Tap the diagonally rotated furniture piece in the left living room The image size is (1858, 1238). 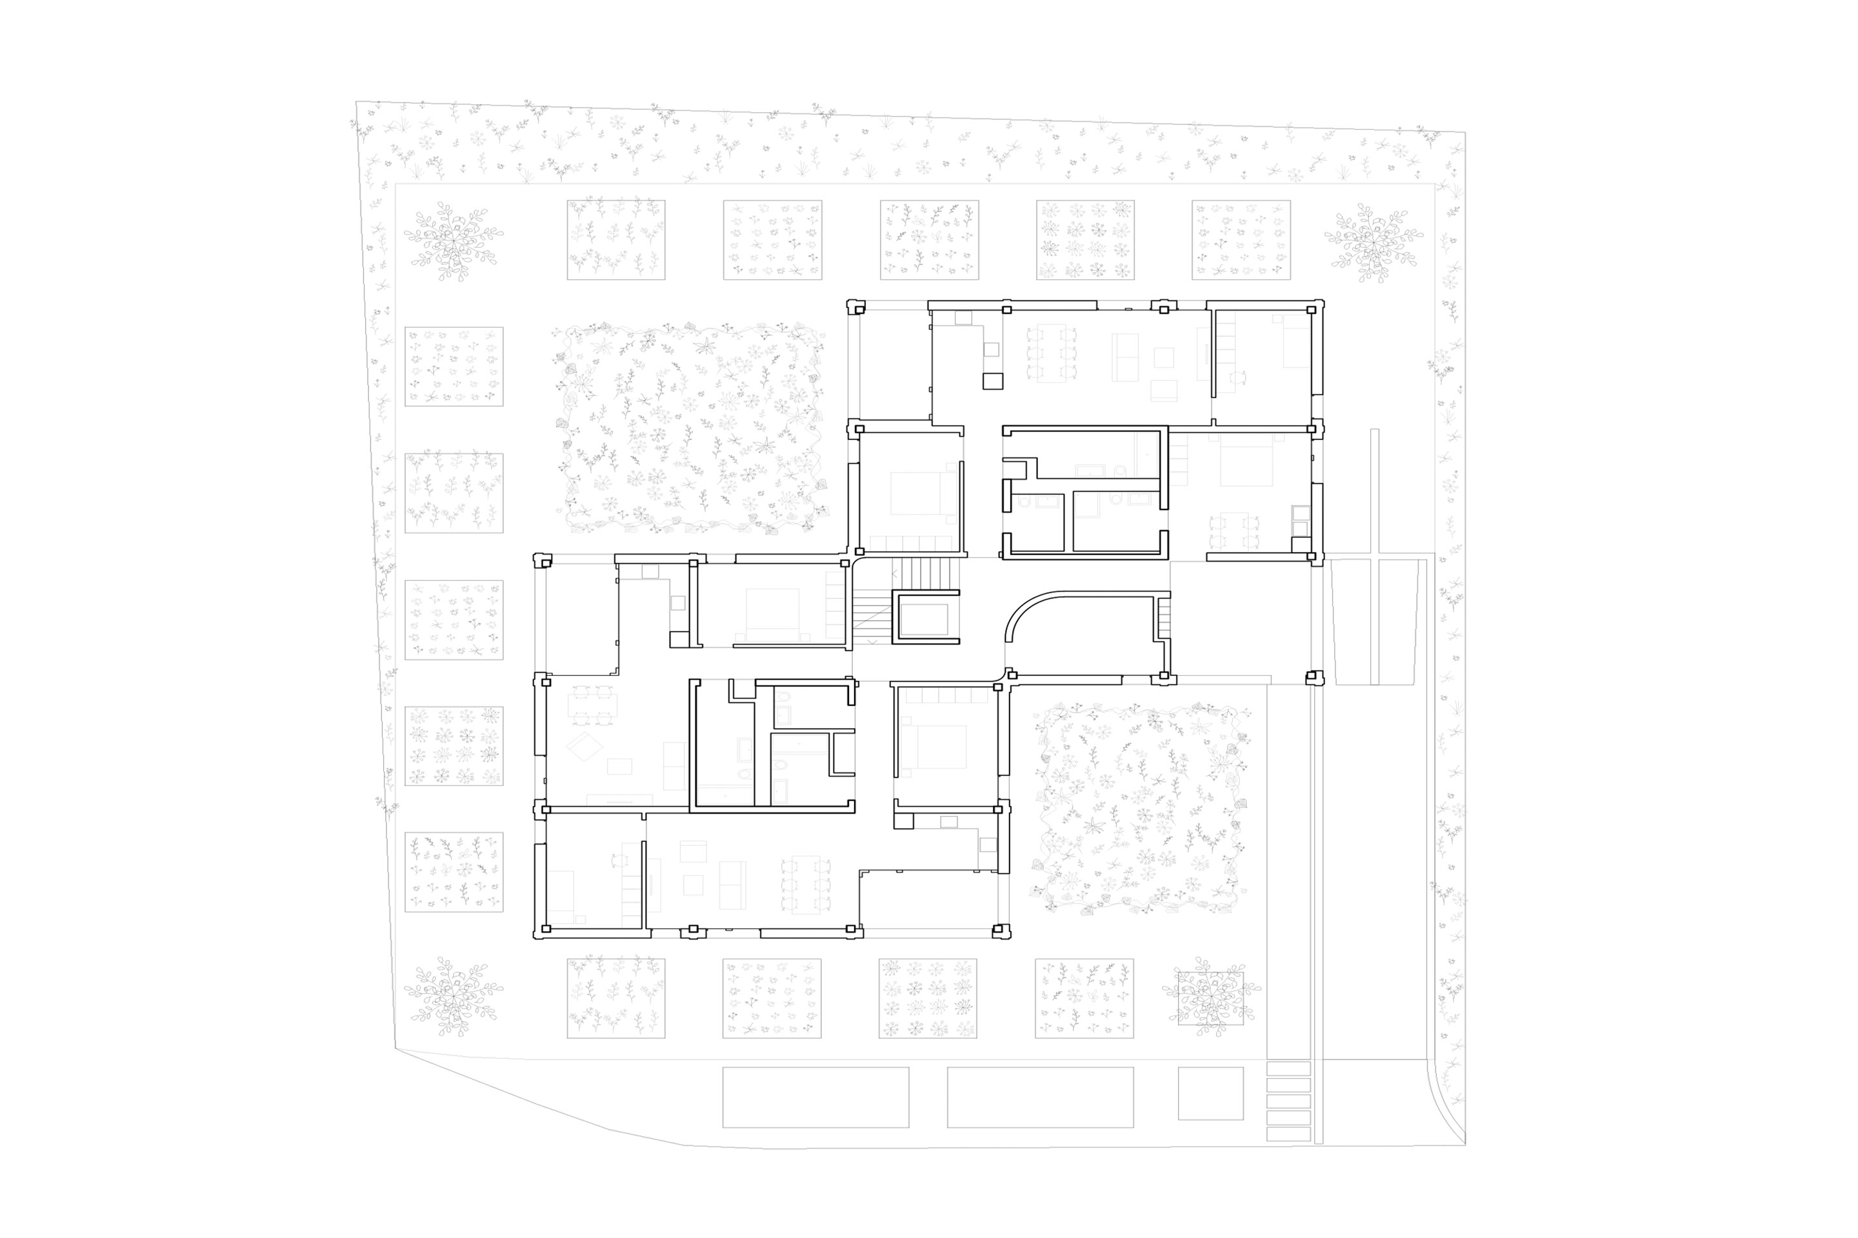(x=584, y=746)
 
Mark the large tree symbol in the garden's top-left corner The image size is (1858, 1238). (x=453, y=240)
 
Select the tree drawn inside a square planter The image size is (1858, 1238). (x=1210, y=997)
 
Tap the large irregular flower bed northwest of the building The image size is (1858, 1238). (x=687, y=426)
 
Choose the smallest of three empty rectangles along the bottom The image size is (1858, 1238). (x=1210, y=1093)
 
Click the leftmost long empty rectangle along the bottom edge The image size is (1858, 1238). (x=815, y=1097)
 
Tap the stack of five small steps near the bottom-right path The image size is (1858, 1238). (x=1288, y=1101)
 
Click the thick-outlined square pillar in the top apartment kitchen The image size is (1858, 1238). (x=992, y=381)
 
